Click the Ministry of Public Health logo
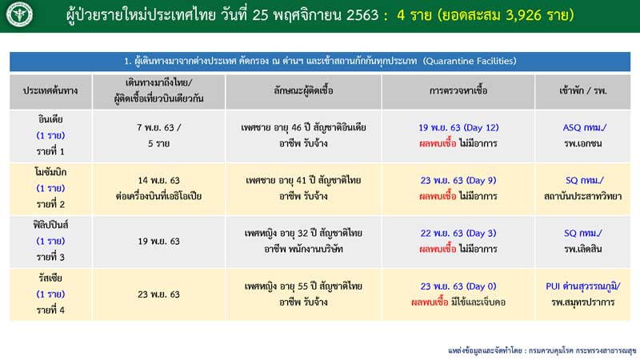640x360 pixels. [19, 14]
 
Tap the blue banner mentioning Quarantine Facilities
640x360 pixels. [320, 62]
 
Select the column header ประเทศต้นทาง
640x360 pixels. [50, 90]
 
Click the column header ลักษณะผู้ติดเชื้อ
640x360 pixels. [303, 90]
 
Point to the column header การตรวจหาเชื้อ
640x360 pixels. [458, 90]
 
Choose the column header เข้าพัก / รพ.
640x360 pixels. [583, 90]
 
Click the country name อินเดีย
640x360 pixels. [50, 119]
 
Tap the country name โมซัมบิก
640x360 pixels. [50, 172]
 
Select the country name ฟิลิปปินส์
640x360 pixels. [50, 225]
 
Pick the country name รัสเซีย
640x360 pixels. [50, 278]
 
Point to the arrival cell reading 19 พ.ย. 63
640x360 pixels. [158, 242]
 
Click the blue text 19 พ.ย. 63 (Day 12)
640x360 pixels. [458, 128]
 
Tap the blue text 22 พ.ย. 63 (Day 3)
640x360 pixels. [458, 234]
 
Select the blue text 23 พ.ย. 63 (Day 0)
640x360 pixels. [458, 286]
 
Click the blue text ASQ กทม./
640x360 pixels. [585, 128]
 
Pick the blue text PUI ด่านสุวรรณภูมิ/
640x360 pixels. [583, 286]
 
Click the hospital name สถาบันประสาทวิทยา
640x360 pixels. [583, 196]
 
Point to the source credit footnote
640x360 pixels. [542, 350]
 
